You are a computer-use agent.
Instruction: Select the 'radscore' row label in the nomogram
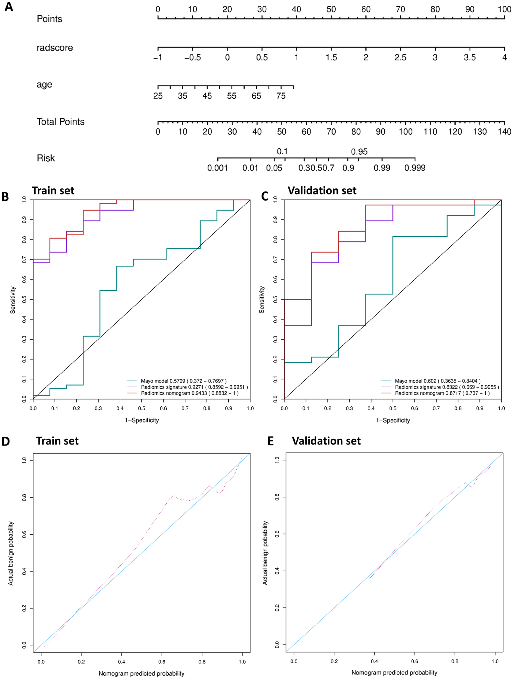[55, 48]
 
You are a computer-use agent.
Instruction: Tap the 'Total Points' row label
[60, 122]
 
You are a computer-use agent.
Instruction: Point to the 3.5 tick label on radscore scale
[469, 58]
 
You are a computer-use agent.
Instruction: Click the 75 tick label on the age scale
[281, 96]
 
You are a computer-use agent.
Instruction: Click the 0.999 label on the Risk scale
[414, 168]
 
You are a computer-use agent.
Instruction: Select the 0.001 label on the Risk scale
[217, 168]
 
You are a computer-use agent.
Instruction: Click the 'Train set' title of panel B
[53, 191]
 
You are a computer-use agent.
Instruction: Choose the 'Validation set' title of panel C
[322, 191]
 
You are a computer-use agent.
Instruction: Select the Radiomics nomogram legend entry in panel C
[442, 393]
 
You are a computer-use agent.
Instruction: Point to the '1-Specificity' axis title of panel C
[393, 420]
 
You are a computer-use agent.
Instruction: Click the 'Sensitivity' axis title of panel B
[13, 300]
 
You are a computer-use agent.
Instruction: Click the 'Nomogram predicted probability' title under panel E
[394, 673]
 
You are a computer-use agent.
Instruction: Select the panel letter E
[271, 441]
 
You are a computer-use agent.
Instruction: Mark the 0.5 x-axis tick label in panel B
[142, 408]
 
